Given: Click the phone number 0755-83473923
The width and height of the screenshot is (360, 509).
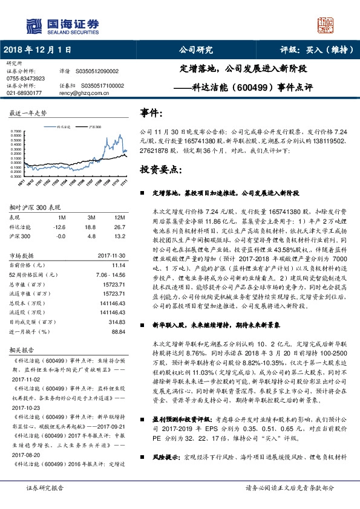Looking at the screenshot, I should (25, 79).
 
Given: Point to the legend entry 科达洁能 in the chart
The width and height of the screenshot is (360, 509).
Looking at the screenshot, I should (64, 128).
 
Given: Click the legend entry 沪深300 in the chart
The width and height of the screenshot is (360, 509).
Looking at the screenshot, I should (95, 128).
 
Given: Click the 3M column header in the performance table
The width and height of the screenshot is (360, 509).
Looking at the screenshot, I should (91, 216).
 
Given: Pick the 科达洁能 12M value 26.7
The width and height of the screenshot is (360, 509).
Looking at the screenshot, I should (119, 226).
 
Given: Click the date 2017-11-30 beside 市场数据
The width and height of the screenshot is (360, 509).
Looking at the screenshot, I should (111, 256).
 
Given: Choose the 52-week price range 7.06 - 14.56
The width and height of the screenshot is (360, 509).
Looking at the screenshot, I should (109, 274).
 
